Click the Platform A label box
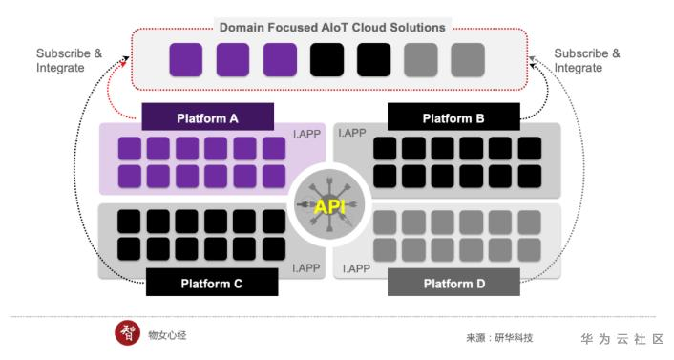pyautogui.click(x=207, y=117)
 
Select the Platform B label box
pyautogui.click(x=453, y=117)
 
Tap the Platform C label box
pyautogui.click(x=212, y=282)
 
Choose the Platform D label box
pyautogui.click(x=453, y=282)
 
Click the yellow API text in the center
pyautogui.click(x=329, y=207)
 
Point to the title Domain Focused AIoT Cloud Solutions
pyautogui.click(x=332, y=28)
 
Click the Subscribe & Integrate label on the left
pyautogui.click(x=69, y=61)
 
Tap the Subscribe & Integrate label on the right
pyautogui.click(x=587, y=61)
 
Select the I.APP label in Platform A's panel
pyautogui.click(x=306, y=134)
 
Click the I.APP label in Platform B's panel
pyautogui.click(x=352, y=133)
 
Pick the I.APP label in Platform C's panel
pyautogui.click(x=306, y=268)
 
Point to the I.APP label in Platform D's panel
pyautogui.click(x=356, y=269)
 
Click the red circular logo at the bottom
pyautogui.click(x=127, y=333)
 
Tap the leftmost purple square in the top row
pyautogui.click(x=186, y=60)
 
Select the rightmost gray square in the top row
pyautogui.click(x=468, y=60)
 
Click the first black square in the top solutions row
pyautogui.click(x=326, y=60)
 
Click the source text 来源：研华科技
pyautogui.click(x=499, y=338)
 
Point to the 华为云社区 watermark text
pyautogui.click(x=622, y=339)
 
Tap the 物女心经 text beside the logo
pyautogui.click(x=167, y=335)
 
